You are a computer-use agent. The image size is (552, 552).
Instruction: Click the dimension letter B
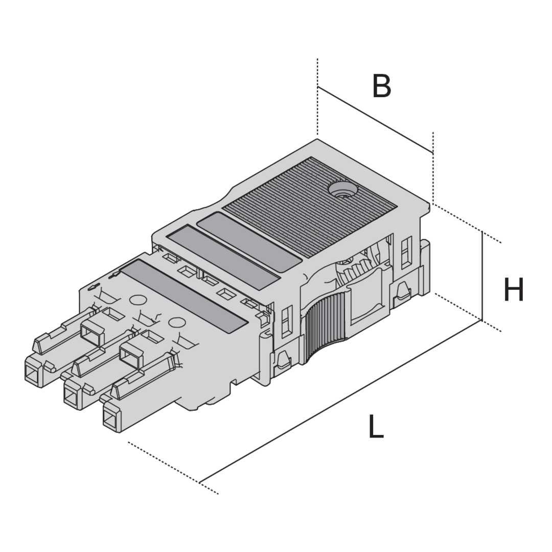coord(382,85)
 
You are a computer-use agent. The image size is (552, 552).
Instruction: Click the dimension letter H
coord(514,289)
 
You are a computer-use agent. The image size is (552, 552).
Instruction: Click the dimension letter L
coord(376,426)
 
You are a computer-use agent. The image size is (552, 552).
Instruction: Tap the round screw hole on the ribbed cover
coord(342,190)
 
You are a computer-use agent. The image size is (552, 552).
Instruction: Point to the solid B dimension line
coord(375,120)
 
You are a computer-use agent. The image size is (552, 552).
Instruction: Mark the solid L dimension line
coord(340,401)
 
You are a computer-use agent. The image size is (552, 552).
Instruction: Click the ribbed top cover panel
coord(310,207)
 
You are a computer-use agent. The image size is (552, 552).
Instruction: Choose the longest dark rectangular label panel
coord(183,296)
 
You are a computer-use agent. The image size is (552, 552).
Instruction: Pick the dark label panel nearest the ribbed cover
coord(249,242)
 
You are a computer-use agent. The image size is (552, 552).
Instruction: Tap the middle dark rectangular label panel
coord(223,258)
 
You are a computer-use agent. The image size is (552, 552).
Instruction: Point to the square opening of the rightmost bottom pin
coord(111,419)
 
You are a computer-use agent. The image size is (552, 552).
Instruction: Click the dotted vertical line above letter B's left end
coord(317,97)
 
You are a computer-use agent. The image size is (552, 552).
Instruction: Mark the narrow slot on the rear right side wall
coord(406,251)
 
